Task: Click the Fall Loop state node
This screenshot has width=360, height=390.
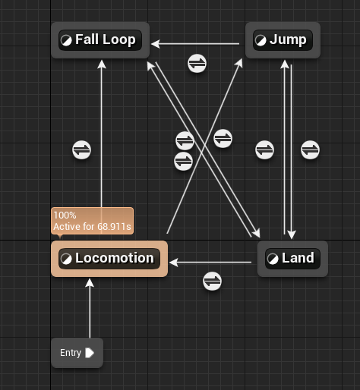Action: click(x=100, y=40)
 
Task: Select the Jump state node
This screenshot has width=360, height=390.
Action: click(x=283, y=40)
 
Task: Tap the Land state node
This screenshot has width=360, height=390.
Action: click(x=292, y=259)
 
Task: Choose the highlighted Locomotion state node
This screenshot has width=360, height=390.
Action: click(x=109, y=259)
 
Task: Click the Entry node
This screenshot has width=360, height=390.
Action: click(x=77, y=353)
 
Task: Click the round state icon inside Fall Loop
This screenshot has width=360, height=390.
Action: click(x=66, y=40)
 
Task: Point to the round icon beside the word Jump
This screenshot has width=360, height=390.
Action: click(x=261, y=40)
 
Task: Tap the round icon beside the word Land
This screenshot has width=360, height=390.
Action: click(x=273, y=259)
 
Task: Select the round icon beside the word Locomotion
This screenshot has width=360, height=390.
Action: click(x=66, y=259)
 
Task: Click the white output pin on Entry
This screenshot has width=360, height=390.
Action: click(x=90, y=353)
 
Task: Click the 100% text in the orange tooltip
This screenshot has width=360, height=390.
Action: click(x=65, y=215)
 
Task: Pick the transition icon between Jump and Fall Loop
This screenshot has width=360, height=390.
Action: click(x=197, y=63)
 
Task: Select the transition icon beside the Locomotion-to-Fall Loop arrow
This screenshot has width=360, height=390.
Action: click(x=81, y=150)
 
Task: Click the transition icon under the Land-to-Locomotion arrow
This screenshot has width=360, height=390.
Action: click(x=212, y=281)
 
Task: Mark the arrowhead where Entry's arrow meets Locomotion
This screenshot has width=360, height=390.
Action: click(x=90, y=283)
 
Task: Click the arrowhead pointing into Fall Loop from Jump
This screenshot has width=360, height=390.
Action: click(x=156, y=44)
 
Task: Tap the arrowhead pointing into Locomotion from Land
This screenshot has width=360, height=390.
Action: click(x=174, y=263)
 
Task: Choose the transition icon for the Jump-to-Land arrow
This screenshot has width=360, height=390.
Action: click(x=310, y=150)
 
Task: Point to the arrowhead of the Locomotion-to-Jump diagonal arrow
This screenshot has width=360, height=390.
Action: click(x=239, y=63)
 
